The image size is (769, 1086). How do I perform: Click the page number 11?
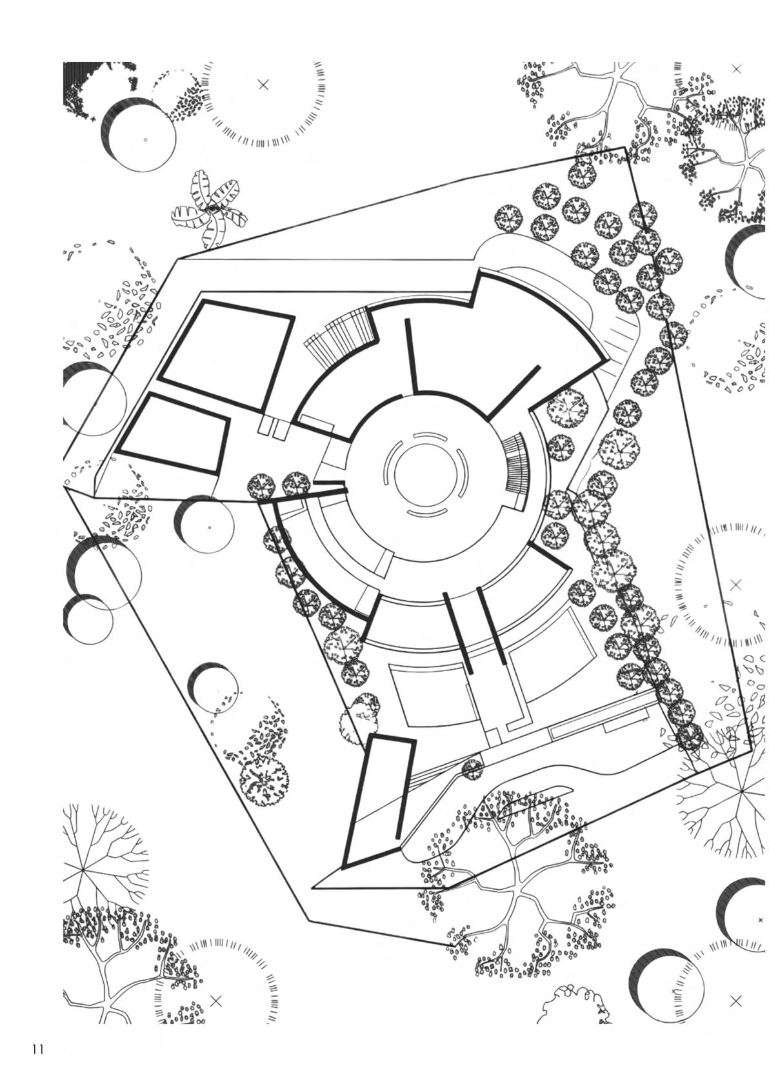pyautogui.click(x=37, y=1049)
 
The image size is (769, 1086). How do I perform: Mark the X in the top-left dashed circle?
pyautogui.click(x=263, y=85)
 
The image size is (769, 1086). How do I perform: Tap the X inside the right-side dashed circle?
pyautogui.click(x=735, y=585)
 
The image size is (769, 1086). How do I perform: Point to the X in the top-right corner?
pyautogui.click(x=737, y=68)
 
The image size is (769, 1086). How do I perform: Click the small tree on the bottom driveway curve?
pyautogui.click(x=473, y=769)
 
